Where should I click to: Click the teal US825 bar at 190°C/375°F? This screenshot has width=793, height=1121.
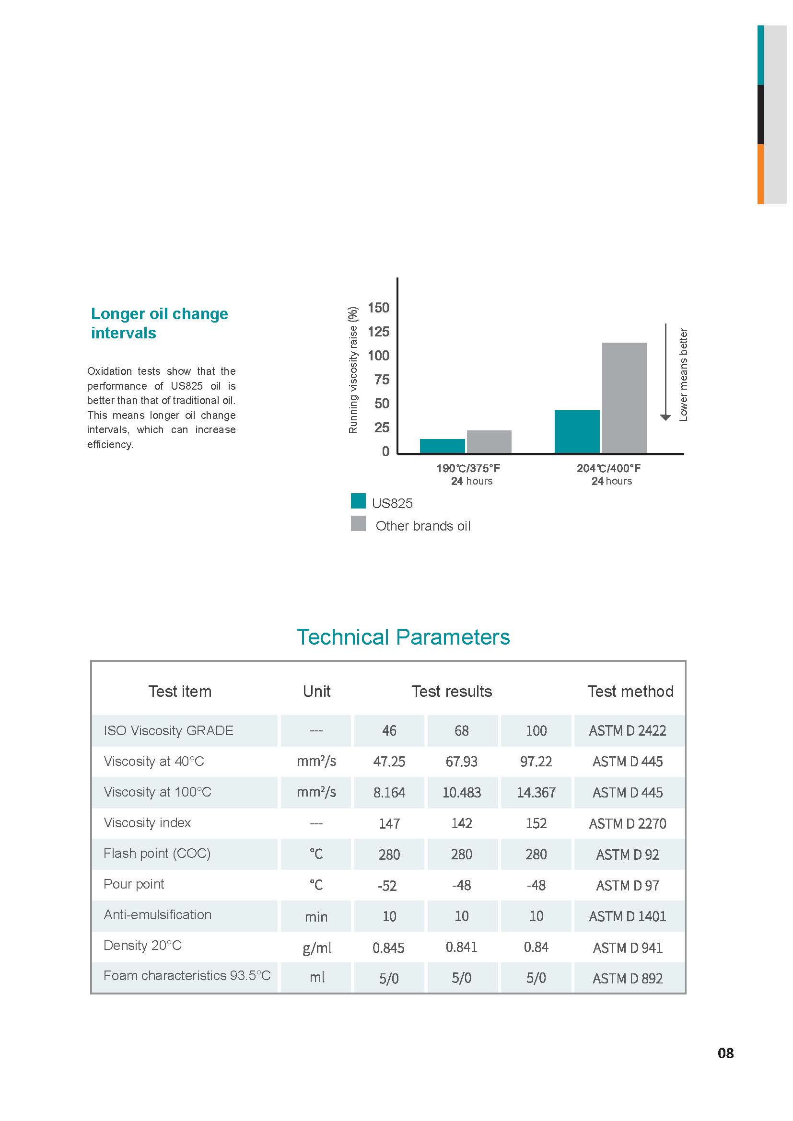tap(442, 446)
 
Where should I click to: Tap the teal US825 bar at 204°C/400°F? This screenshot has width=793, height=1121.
tap(577, 432)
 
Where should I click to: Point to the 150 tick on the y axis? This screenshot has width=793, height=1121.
tap(378, 308)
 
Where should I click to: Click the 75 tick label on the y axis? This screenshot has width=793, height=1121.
tap(381, 380)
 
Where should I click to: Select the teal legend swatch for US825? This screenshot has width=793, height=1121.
tap(358, 501)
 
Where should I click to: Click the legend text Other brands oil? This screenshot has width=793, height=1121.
tap(422, 526)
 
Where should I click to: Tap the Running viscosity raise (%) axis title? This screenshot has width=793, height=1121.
tap(352, 370)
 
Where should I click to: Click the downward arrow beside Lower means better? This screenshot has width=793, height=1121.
tap(665, 371)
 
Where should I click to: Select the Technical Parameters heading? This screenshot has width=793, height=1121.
tap(403, 637)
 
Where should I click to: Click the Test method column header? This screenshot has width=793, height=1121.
tap(630, 692)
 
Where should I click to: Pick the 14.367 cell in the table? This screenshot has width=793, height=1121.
tap(536, 792)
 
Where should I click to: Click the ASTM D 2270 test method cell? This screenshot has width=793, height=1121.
tap(627, 824)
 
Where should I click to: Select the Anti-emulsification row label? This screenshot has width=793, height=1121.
tap(157, 914)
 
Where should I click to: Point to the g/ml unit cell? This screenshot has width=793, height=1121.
tap(316, 948)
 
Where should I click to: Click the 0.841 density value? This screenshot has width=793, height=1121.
tap(461, 947)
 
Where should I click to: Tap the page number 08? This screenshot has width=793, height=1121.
tap(725, 1053)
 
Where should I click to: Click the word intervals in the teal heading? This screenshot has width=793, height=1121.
tap(124, 333)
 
